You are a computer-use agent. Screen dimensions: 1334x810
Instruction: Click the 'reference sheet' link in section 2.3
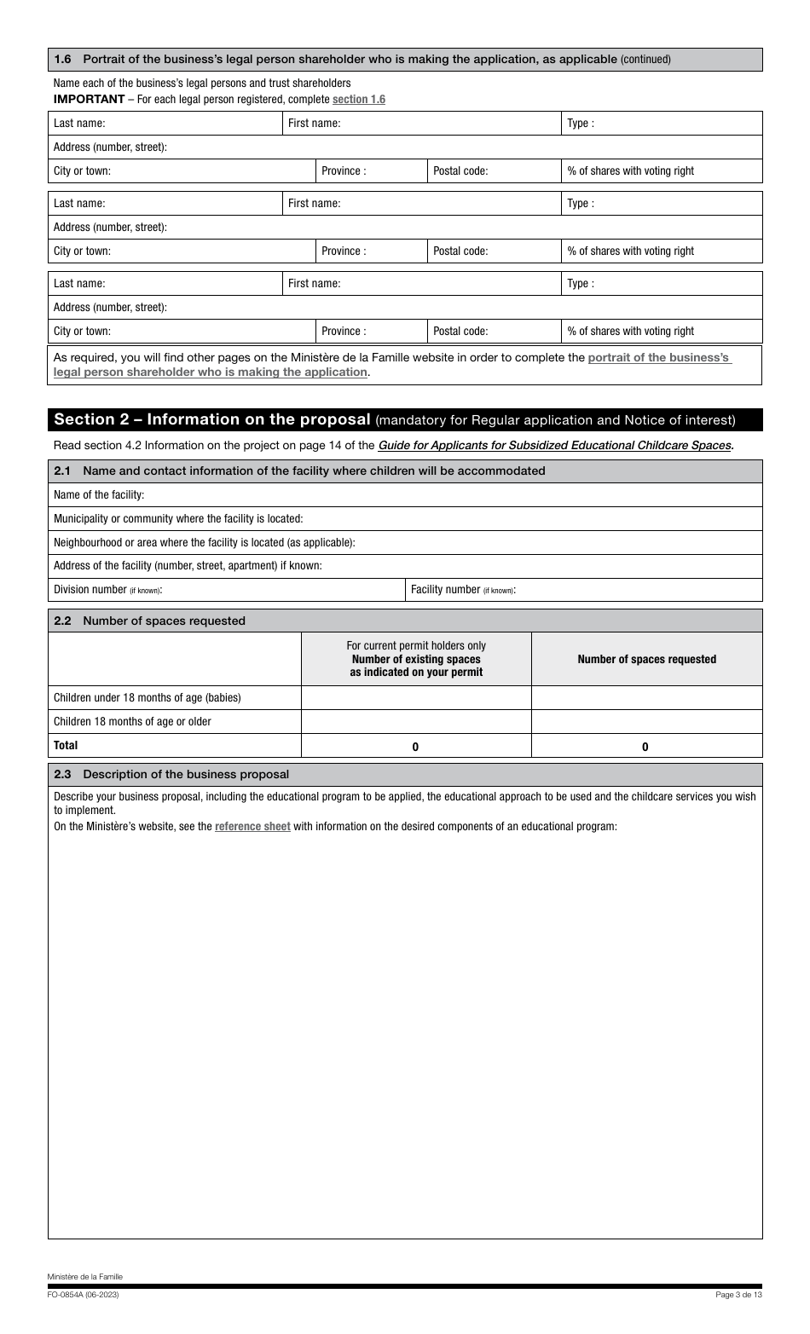[252, 827]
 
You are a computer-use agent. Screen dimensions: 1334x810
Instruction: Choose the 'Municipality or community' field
[529, 519]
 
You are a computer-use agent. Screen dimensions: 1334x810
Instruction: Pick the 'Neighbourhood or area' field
[554, 543]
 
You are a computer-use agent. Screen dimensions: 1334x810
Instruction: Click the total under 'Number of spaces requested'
[645, 747]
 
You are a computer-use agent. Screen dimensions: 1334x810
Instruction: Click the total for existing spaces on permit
[415, 747]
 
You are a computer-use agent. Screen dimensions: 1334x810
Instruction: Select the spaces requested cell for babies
[645, 698]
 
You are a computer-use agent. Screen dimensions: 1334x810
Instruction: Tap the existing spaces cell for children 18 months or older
[415, 722]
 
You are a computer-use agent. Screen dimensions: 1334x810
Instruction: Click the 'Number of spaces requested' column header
[646, 660]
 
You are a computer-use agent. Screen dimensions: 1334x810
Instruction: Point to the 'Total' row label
[66, 746]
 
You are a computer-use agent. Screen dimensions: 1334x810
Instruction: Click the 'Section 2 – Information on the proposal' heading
[212, 419]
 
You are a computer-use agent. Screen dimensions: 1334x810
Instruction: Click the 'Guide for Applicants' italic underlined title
[554, 445]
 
